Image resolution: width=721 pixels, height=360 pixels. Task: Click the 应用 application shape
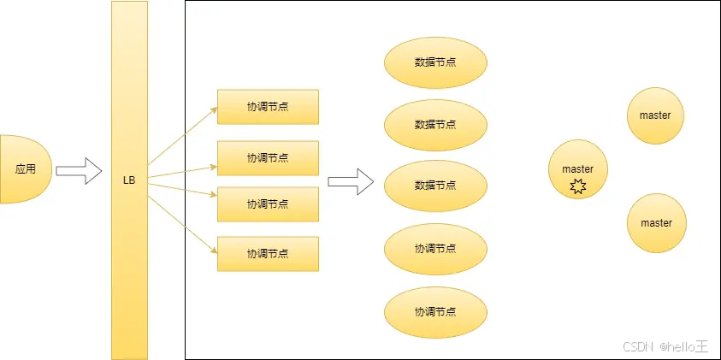click(x=26, y=168)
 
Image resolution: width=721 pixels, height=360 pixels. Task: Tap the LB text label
click(x=129, y=180)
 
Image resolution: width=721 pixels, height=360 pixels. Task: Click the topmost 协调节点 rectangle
click(x=268, y=106)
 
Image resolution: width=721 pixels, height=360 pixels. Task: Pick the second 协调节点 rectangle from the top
click(x=268, y=157)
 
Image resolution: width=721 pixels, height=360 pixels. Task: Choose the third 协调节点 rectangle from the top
click(x=268, y=204)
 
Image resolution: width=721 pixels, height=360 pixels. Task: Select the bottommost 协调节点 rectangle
click(x=268, y=254)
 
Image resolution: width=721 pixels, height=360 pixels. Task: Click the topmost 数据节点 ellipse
click(x=435, y=62)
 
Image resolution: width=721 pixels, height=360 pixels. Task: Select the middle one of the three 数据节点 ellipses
click(x=435, y=124)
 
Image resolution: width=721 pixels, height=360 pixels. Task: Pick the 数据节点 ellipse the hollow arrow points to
click(x=435, y=185)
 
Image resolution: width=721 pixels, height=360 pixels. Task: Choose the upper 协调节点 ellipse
click(x=435, y=248)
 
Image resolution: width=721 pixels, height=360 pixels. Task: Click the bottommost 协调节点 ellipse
click(x=435, y=310)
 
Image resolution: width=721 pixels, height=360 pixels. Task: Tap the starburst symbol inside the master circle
click(x=577, y=186)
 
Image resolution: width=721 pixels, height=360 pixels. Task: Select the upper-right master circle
click(x=656, y=115)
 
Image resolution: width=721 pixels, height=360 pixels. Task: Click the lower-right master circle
click(x=656, y=223)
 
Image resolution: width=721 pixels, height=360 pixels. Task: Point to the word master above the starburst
click(x=577, y=169)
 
